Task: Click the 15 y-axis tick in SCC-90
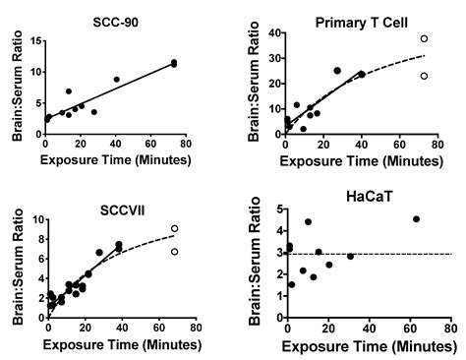(x=35, y=41)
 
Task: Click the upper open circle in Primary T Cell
(x=425, y=39)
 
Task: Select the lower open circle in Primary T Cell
(x=425, y=76)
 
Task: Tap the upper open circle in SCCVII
(x=174, y=228)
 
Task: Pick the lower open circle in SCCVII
(x=174, y=251)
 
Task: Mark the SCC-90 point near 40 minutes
(x=116, y=80)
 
